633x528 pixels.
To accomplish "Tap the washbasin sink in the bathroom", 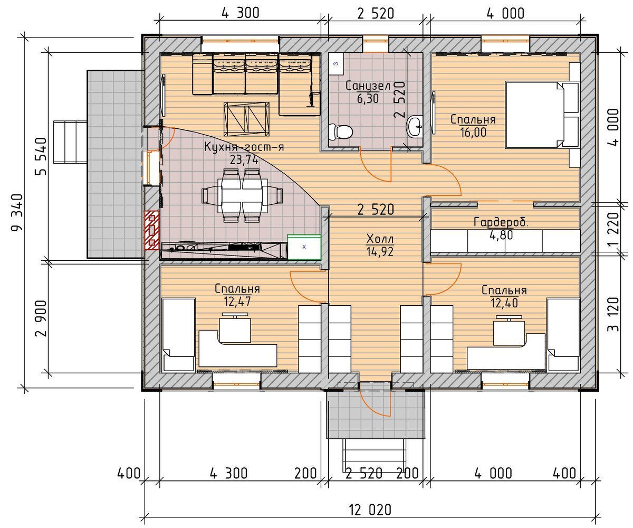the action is pyautogui.click(x=415, y=127).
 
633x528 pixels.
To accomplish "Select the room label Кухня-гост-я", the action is pyautogui.click(x=244, y=147).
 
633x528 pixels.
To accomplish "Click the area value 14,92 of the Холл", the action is pyautogui.click(x=380, y=251).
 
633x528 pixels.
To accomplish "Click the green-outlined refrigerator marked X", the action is pyautogui.click(x=304, y=247).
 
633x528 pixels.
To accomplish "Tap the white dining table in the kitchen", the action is pyautogui.click(x=242, y=195).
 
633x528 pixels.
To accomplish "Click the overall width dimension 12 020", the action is pyautogui.click(x=370, y=510).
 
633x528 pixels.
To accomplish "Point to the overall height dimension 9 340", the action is pyautogui.click(x=17, y=212).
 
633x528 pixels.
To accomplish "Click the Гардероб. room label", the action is pyautogui.click(x=501, y=222).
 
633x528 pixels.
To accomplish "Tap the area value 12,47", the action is pyautogui.click(x=237, y=301).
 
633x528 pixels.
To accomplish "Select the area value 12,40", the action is pyautogui.click(x=504, y=303).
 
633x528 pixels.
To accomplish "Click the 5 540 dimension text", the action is pyautogui.click(x=41, y=156).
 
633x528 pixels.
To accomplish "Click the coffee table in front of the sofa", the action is pyautogui.click(x=246, y=119).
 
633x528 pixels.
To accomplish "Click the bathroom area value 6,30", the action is pyautogui.click(x=368, y=99).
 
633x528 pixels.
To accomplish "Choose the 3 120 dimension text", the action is pyautogui.click(x=613, y=314).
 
